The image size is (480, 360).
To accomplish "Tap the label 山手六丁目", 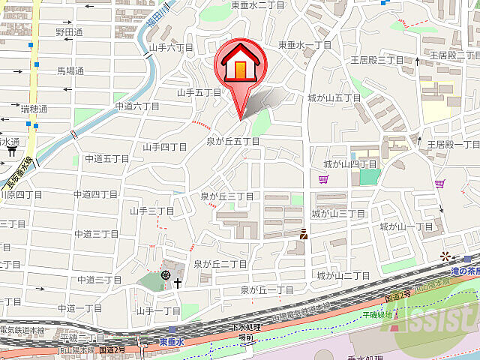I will pyautogui.click(x=172, y=47).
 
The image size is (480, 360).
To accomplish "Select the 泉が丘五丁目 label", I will pyautogui.click(x=233, y=141).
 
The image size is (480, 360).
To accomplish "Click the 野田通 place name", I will pyautogui.click(x=69, y=32).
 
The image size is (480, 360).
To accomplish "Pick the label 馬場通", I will pyautogui.click(x=70, y=70).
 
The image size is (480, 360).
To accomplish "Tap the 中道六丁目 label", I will pyautogui.click(x=137, y=106).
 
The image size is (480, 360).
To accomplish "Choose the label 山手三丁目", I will pyautogui.click(x=151, y=211).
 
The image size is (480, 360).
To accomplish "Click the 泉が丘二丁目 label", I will pyautogui.click(x=220, y=264).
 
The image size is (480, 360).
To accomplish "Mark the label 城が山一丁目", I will pyautogui.click(x=406, y=226).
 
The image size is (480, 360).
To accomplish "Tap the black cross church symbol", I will pyautogui.click(x=178, y=283).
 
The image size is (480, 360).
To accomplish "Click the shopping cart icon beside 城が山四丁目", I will pyautogui.click(x=323, y=179).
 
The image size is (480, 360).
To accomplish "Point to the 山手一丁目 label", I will pyautogui.click(x=158, y=310).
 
